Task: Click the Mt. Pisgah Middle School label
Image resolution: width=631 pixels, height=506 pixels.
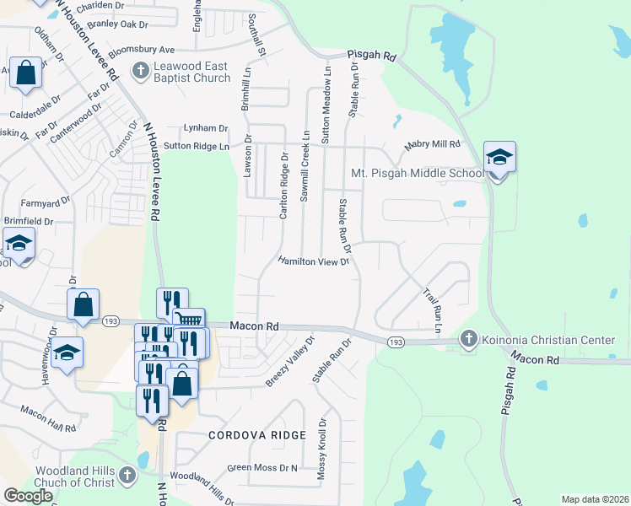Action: coord(417,175)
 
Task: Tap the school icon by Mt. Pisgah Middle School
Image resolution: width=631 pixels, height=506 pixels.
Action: coord(499,158)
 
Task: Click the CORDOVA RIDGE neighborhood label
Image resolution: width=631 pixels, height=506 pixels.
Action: coord(245,435)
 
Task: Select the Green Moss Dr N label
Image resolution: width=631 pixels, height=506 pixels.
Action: coord(262,467)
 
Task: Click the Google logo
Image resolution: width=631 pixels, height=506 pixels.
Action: coord(28,496)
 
